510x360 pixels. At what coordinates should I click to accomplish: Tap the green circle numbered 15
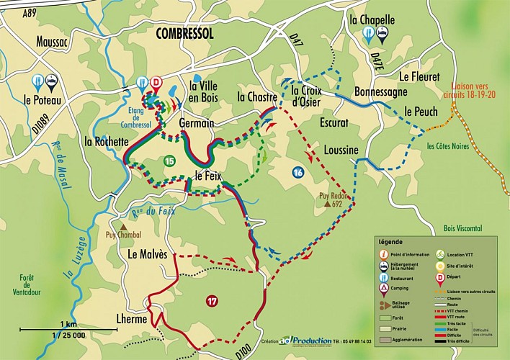[169, 161]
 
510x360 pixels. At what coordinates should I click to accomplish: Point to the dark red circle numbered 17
[211, 300]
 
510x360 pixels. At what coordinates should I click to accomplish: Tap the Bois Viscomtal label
[467, 228]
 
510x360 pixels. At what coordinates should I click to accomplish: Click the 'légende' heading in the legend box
[390, 242]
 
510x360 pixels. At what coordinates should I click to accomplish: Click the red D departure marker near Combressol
[157, 82]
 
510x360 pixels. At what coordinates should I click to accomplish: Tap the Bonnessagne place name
[381, 91]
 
